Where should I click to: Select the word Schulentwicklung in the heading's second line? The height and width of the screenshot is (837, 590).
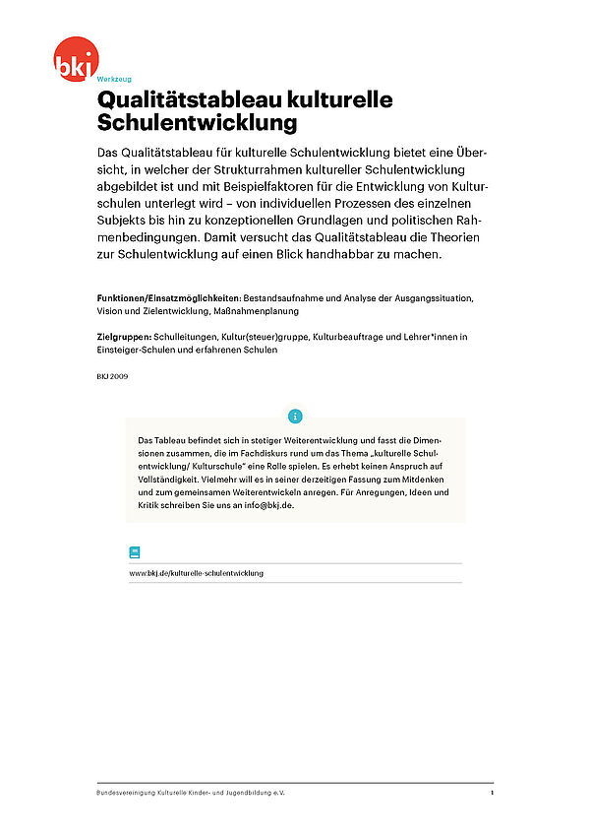pos(196,124)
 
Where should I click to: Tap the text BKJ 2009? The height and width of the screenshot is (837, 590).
pos(112,376)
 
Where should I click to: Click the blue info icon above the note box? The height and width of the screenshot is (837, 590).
pos(295,416)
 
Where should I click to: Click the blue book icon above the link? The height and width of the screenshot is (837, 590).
pos(135,552)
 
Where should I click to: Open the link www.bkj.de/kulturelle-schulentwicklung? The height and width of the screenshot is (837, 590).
pos(196,573)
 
